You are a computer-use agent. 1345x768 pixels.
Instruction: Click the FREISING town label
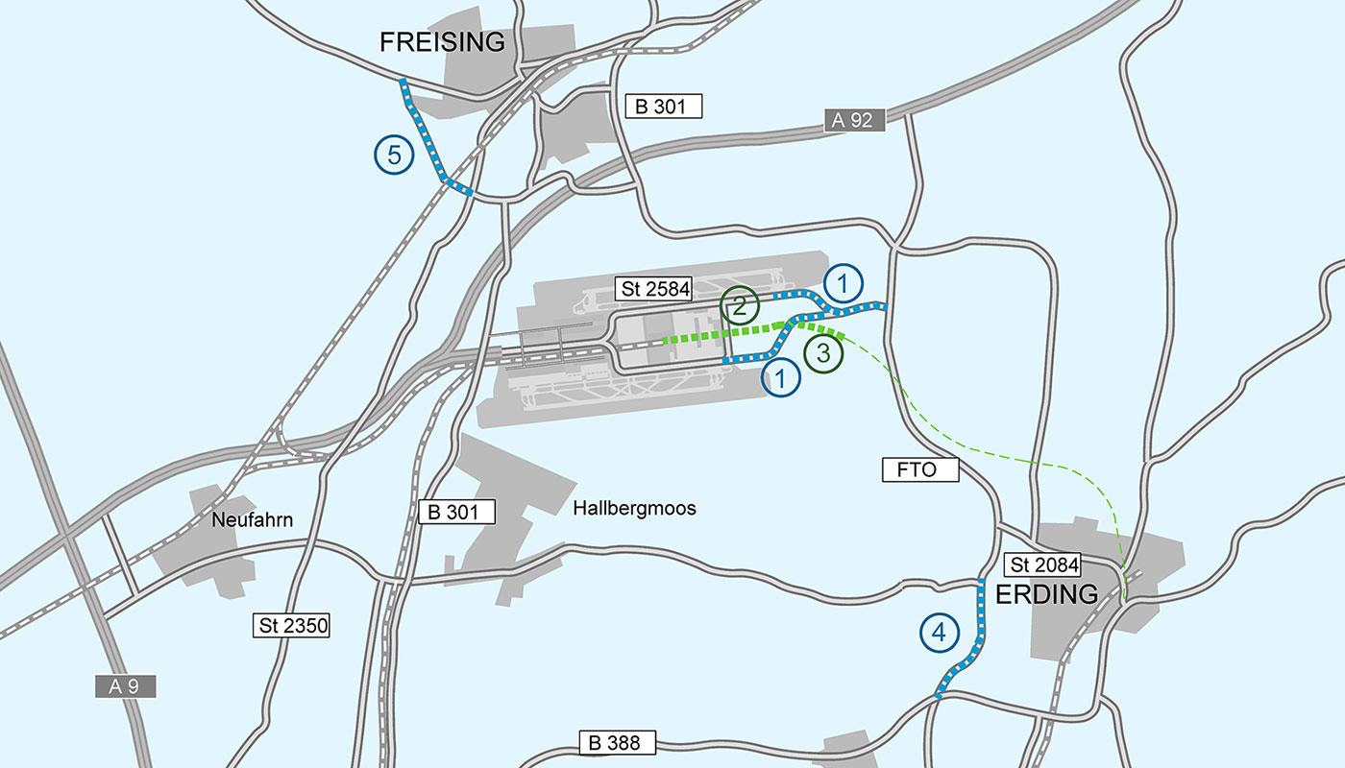(x=442, y=42)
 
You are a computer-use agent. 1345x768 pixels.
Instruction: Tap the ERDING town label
(x=1046, y=594)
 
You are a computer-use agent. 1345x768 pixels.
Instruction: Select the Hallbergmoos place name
(x=634, y=508)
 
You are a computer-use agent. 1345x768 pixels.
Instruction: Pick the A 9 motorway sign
(x=125, y=685)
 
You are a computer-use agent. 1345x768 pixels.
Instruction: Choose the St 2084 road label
(x=1041, y=564)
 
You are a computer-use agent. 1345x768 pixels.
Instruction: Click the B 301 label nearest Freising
(x=664, y=106)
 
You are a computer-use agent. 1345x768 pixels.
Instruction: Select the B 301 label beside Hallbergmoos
(x=457, y=512)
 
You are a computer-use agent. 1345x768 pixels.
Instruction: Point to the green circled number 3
(x=824, y=353)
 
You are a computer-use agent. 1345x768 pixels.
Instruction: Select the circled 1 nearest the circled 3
(x=782, y=377)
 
